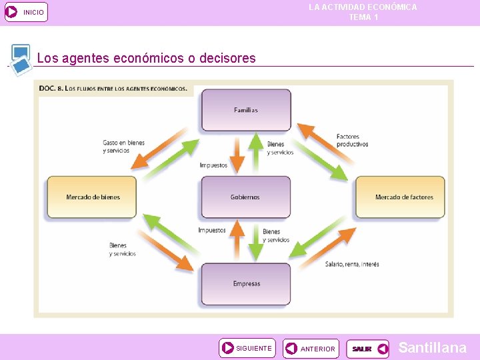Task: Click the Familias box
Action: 246,110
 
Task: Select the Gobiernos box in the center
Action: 245,197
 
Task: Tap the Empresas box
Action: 246,284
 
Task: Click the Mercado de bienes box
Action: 92,197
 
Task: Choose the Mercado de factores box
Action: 400,197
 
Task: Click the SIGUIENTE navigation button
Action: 247,348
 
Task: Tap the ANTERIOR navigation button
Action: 310,349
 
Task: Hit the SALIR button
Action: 367,349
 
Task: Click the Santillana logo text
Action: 432,347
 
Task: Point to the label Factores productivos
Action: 352,141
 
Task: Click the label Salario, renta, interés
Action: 352,265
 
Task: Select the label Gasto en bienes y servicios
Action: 123,147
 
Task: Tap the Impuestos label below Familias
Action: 213,165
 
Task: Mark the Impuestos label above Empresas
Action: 212,231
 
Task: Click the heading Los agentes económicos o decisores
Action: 147,59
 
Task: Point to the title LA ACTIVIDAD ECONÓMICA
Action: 363,7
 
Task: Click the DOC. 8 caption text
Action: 113,88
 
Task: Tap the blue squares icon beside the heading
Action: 21,59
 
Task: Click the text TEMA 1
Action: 363,17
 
